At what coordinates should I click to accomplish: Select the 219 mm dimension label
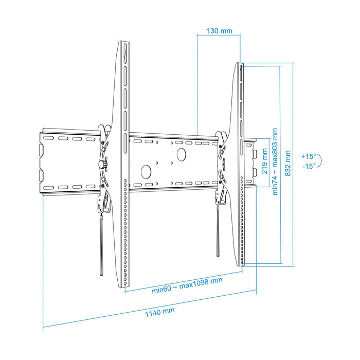click(264, 160)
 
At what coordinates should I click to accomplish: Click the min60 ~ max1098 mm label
click(187, 280)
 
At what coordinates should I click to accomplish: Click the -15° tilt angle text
click(309, 166)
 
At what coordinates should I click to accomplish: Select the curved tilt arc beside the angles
click(320, 161)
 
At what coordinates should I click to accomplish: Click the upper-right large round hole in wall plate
click(181, 153)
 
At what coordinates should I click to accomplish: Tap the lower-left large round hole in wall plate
click(146, 170)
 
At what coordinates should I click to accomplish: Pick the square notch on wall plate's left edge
click(40, 149)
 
